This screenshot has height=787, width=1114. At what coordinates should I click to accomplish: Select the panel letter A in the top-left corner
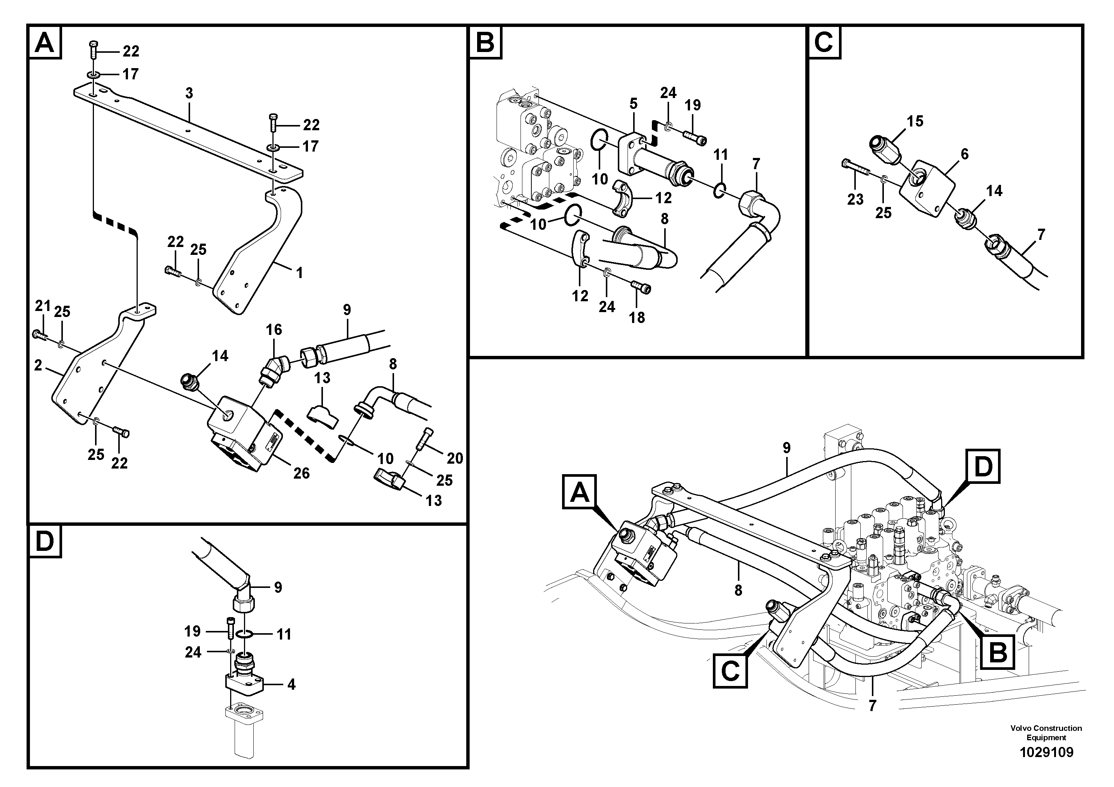(x=45, y=43)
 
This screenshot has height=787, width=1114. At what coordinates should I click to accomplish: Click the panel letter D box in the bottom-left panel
(x=45, y=541)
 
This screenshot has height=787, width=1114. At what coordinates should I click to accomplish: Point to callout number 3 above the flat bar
(x=189, y=93)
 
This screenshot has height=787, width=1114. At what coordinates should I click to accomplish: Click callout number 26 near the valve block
(x=301, y=473)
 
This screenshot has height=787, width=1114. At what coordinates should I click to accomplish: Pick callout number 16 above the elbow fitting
(x=274, y=329)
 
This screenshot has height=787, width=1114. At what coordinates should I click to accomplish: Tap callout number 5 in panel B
(x=633, y=103)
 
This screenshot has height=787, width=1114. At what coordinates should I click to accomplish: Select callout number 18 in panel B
(x=637, y=317)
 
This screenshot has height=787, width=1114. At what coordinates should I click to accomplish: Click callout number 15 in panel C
(x=915, y=121)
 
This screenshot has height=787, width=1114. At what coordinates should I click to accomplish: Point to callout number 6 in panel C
(x=965, y=154)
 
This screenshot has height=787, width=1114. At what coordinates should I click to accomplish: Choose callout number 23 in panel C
(x=855, y=199)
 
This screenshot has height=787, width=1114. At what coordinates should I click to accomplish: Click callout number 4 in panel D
(x=291, y=684)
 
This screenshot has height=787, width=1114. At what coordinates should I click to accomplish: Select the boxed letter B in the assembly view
(x=998, y=653)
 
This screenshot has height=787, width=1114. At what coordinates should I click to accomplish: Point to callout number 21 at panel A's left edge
(x=43, y=306)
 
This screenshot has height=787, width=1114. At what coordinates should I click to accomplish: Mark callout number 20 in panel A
(x=455, y=458)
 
